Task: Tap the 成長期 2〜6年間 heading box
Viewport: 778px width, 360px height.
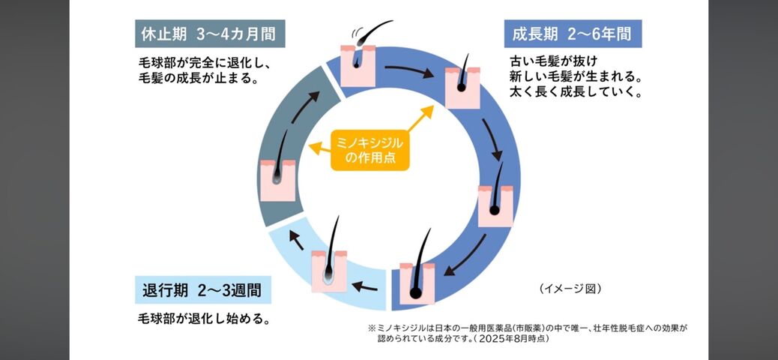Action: (573, 34)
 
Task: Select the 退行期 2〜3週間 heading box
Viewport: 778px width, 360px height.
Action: (203, 290)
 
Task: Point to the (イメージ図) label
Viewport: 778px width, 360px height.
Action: (570, 289)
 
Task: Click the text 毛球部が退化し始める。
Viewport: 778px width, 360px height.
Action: (204, 318)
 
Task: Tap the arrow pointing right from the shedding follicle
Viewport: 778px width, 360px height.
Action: (408, 71)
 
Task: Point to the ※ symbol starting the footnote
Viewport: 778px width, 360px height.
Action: (372, 328)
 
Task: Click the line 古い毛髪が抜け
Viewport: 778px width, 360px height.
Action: (552, 61)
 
